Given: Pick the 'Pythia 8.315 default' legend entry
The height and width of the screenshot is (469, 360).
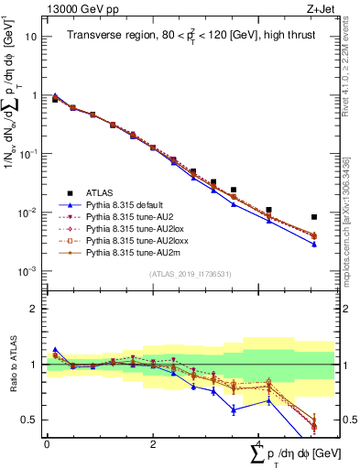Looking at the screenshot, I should tap(129, 206).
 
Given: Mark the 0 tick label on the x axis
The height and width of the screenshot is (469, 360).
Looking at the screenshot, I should tap(47, 444).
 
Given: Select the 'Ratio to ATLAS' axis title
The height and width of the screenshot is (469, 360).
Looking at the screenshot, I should tap(11, 365).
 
